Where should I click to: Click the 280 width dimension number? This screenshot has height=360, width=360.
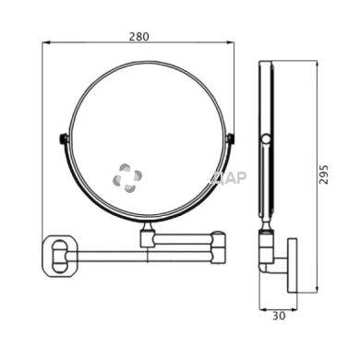pyautogui.click(x=138, y=37)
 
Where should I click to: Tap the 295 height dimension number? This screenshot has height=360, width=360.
pyautogui.click(x=323, y=174)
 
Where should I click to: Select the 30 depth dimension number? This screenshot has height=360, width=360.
pyautogui.click(x=279, y=316)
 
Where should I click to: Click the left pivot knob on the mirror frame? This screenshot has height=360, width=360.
pyautogui.click(x=63, y=138)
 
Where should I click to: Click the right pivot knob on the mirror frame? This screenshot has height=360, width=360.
pyautogui.click(x=231, y=138)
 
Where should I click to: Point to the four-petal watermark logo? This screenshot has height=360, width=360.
pyautogui.click(x=127, y=178)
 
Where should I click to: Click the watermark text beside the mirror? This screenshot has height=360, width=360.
pyautogui.click(x=229, y=178)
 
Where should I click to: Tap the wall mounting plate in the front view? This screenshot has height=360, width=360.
pyautogui.click(x=60, y=256)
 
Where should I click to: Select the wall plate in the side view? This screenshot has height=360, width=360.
pyautogui.click(x=293, y=265)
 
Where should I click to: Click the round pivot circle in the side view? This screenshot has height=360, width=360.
pyautogui.click(x=266, y=139)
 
